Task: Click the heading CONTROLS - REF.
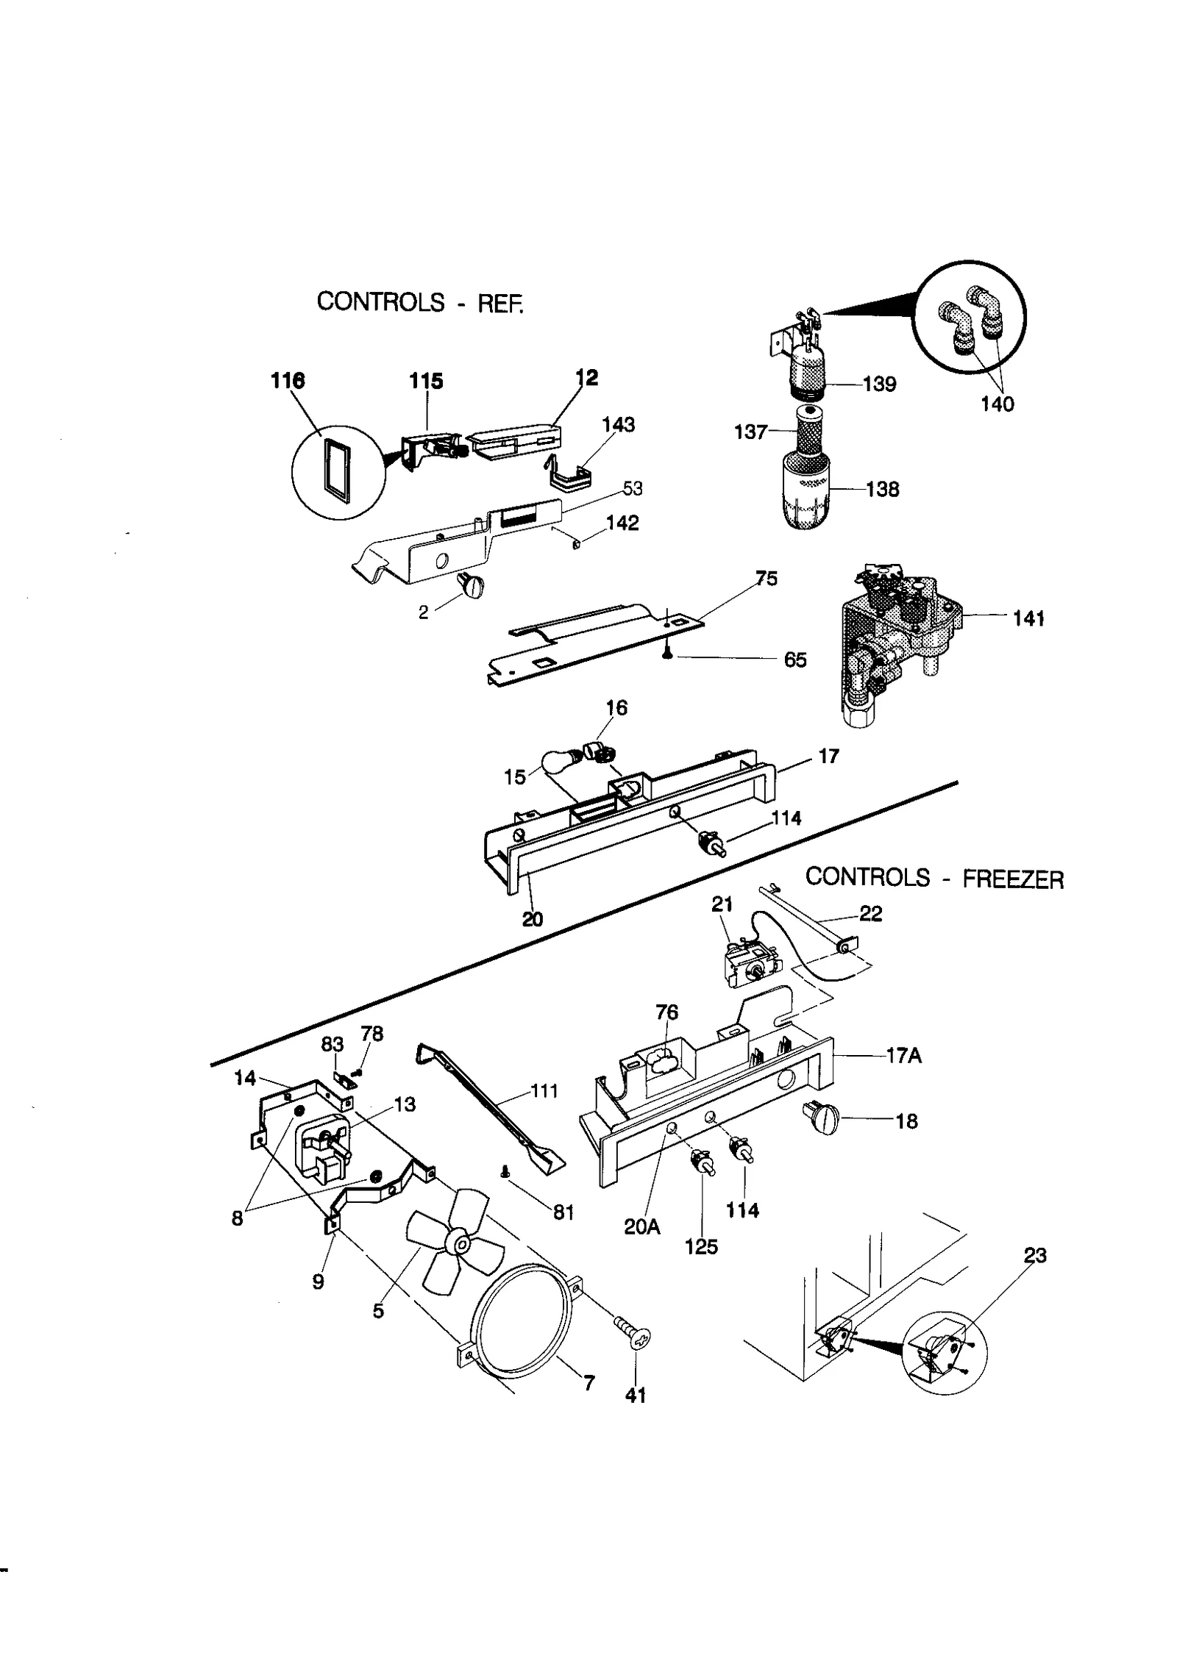[421, 302]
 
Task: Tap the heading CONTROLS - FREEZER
[934, 878]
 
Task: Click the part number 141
[1028, 619]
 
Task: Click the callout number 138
[882, 490]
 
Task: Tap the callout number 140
[998, 404]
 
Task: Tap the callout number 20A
[642, 1226]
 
